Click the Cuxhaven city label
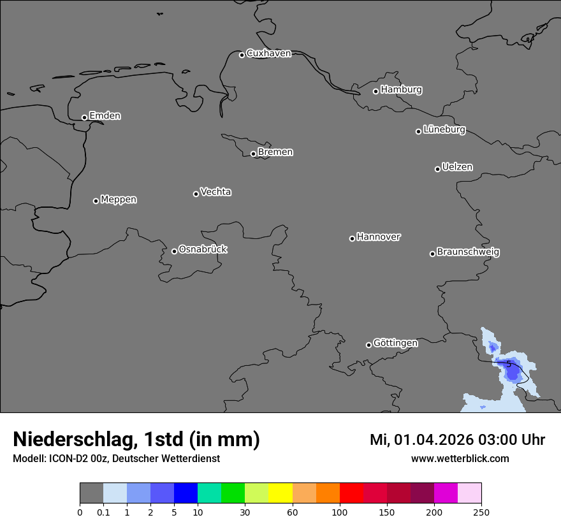tap(268, 54)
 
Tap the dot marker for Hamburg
tap(376, 91)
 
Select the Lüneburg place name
tap(444, 130)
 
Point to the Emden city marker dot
tap(84, 117)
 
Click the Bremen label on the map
tap(275, 152)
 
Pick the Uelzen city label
tap(457, 168)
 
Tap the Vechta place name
tap(215, 192)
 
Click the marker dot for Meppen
tap(96, 201)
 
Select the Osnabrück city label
tap(203, 250)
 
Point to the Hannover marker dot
tap(352, 238)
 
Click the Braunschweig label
tap(468, 252)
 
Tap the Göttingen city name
tap(395, 344)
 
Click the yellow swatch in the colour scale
tap(280, 493)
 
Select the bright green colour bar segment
tap(233, 493)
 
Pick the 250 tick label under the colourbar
tap(481, 512)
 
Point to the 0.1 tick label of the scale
tap(103, 512)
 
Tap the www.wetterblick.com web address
tap(460, 458)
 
